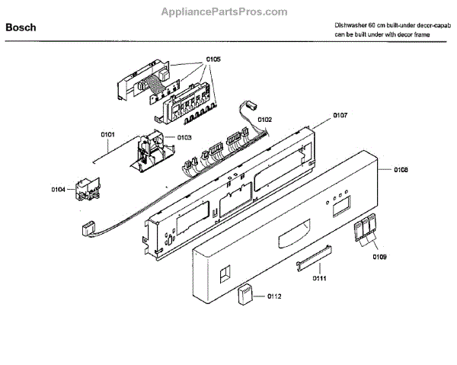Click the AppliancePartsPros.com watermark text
tap(225, 11)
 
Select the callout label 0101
tap(107, 135)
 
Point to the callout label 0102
tap(264, 119)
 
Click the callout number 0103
tap(184, 137)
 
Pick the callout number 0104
tap(59, 189)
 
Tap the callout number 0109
tap(379, 257)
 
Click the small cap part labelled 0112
tap(245, 293)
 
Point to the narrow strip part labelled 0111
tap(313, 257)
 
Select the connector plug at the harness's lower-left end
tap(86, 227)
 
